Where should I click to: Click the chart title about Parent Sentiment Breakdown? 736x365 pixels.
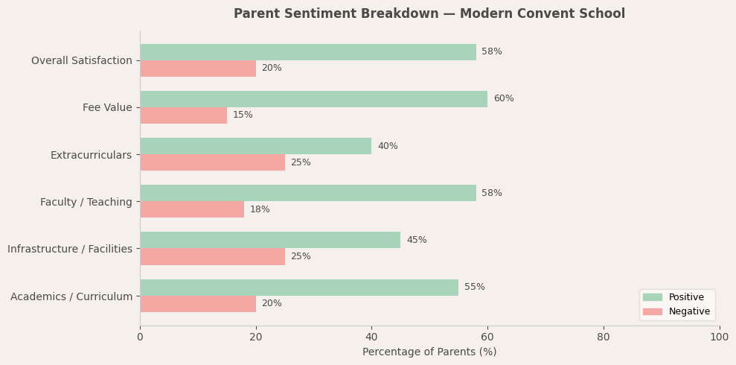429,14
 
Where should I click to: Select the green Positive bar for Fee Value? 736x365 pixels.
313,99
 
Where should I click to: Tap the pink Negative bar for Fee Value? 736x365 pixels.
183,115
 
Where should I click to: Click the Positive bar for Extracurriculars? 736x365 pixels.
255,146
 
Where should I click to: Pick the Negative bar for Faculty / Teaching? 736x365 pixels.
192,209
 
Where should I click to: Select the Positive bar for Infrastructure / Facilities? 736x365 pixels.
270,240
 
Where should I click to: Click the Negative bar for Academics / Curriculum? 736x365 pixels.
198,304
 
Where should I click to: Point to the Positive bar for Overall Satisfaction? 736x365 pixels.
307,52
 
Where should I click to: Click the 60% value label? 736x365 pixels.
503,99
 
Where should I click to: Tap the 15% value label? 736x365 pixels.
243,115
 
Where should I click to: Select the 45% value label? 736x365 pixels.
416,240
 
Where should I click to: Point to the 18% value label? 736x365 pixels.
260,209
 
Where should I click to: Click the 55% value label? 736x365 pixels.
474,288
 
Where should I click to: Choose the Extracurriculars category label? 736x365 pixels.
91,155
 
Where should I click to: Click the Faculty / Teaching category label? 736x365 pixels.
86,202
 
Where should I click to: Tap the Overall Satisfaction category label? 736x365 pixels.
81,60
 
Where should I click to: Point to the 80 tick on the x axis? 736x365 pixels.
604,337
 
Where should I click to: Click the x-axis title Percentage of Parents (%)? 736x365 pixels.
429,352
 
